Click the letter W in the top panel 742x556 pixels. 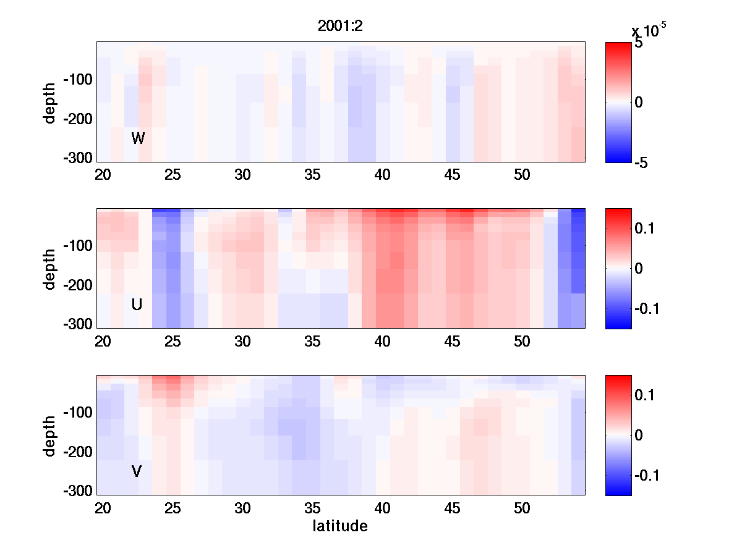tap(138, 138)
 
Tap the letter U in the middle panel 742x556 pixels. tap(137, 305)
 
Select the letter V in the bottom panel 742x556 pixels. tap(137, 471)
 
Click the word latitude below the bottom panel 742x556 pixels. tap(340, 526)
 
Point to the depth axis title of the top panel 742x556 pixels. tap(50, 102)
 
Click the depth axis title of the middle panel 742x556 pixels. tap(50, 269)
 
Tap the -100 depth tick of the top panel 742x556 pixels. tap(78, 80)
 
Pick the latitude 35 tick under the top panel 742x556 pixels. tap(313, 175)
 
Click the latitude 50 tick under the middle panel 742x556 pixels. tap(522, 342)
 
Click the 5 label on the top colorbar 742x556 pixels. tap(639, 44)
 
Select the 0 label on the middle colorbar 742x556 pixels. tap(638, 269)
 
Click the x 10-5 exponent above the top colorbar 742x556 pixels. tap(648, 30)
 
